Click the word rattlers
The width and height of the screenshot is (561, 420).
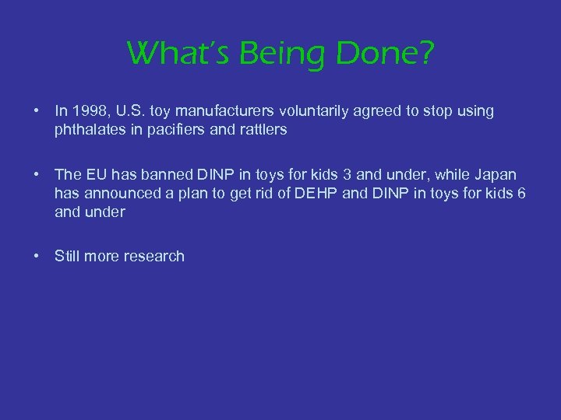(261, 130)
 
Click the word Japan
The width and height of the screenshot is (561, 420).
(496, 174)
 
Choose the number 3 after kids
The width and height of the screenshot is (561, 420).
(347, 174)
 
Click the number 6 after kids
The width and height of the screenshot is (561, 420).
(520, 193)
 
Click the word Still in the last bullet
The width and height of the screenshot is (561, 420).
(68, 256)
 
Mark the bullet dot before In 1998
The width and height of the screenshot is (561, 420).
(37, 111)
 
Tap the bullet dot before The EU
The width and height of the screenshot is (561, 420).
(37, 174)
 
